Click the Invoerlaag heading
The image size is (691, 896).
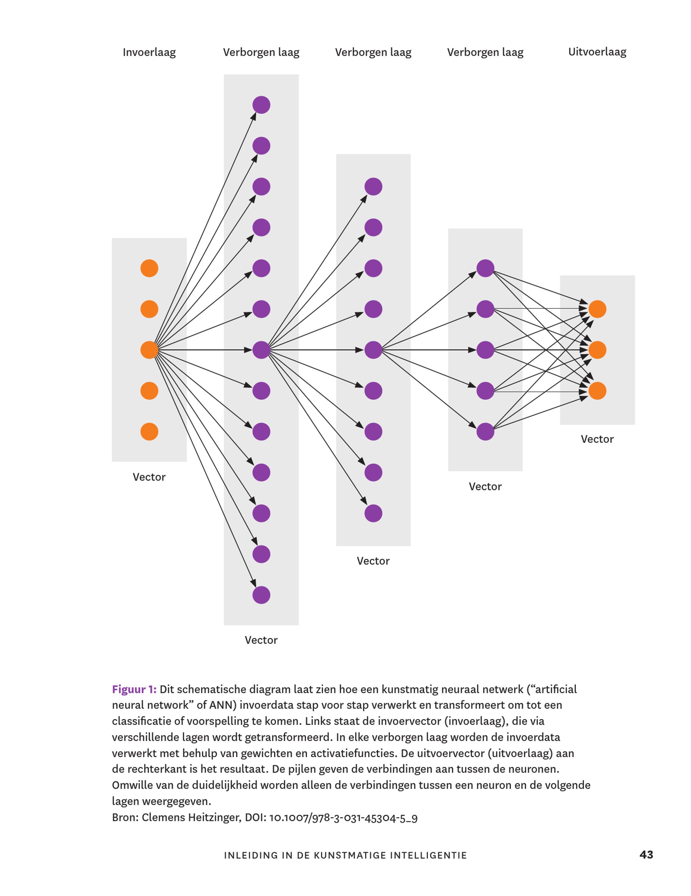pyautogui.click(x=149, y=53)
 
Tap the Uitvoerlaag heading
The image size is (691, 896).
pyautogui.click(x=597, y=52)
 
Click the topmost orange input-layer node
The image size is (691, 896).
pyautogui.click(x=149, y=268)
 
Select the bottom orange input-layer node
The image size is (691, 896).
pyautogui.click(x=149, y=431)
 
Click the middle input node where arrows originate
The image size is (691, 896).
pyautogui.click(x=149, y=350)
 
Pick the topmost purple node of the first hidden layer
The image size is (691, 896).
pyautogui.click(x=262, y=105)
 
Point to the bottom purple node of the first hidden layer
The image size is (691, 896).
pyautogui.click(x=262, y=595)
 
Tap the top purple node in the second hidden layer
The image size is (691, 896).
pyautogui.click(x=373, y=187)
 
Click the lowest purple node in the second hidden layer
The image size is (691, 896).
pyautogui.click(x=373, y=513)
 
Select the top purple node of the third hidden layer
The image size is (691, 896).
pyautogui.click(x=485, y=268)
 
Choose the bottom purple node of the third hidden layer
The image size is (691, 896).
pyautogui.click(x=485, y=431)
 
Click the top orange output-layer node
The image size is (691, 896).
pyautogui.click(x=597, y=309)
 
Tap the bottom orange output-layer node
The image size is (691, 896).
pyautogui.click(x=597, y=391)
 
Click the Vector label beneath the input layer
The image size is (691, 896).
pyautogui.click(x=149, y=477)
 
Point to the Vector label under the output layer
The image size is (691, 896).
pyautogui.click(x=597, y=439)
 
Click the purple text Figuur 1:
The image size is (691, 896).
pyautogui.click(x=134, y=690)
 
